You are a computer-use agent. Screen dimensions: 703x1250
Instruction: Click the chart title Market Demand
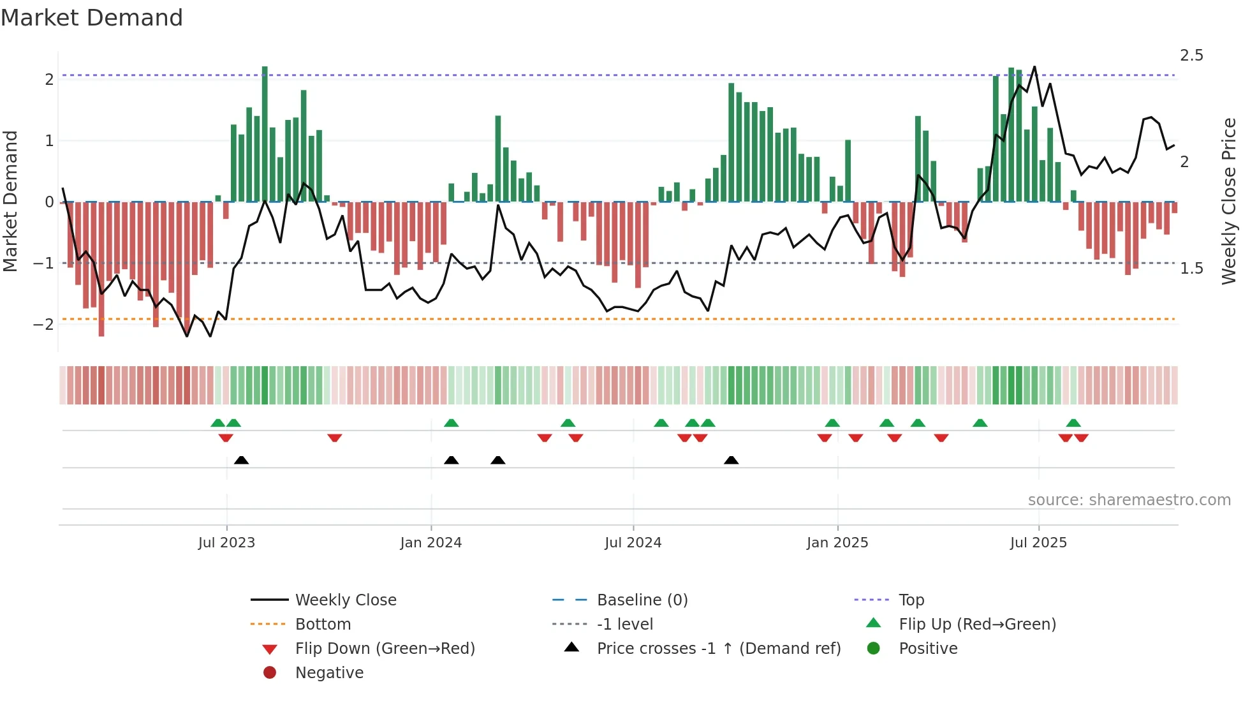tap(92, 18)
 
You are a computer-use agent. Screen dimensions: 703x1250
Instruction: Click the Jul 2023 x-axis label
tap(226, 543)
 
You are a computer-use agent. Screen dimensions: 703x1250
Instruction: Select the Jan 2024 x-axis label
tap(430, 543)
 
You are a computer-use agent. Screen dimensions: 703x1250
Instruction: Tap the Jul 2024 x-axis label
tap(633, 543)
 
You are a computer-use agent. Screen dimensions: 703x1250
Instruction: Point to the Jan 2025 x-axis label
tap(837, 543)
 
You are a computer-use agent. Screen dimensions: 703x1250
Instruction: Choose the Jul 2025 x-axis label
tap(1038, 543)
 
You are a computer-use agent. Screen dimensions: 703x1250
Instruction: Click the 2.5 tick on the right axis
tap(1191, 56)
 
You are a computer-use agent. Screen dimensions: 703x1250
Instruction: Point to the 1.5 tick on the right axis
tap(1191, 269)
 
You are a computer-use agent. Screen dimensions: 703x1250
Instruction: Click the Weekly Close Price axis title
tap(1229, 201)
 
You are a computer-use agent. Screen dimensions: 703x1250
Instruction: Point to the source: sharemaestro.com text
tap(1129, 500)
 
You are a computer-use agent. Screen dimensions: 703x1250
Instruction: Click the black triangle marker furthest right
tap(732, 461)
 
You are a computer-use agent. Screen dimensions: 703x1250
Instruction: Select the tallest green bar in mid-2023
tap(265, 134)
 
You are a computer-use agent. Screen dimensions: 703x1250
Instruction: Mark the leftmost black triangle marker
tap(241, 461)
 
